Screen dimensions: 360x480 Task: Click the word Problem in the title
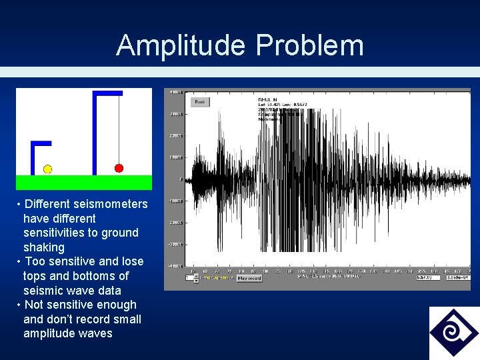point(310,45)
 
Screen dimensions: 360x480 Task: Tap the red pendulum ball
point(119,168)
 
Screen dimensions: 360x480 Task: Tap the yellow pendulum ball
point(47,169)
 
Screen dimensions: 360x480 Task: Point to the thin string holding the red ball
point(119,130)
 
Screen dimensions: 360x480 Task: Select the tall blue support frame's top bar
point(108,93)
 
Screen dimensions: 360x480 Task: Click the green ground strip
point(84,182)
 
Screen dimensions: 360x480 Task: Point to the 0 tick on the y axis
point(180,179)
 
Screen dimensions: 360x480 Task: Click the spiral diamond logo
point(453,332)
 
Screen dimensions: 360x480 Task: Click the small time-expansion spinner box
point(196,278)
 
